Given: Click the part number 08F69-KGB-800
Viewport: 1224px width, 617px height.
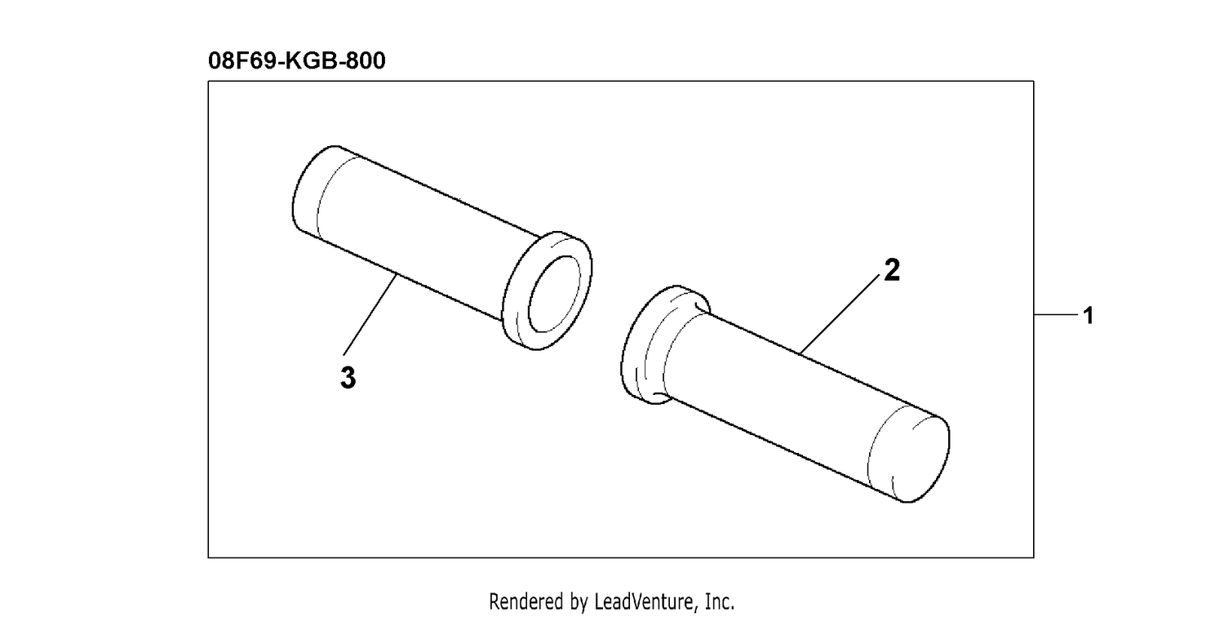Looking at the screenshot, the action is [x=297, y=60].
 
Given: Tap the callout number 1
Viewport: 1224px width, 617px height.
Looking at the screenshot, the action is [x=1088, y=316].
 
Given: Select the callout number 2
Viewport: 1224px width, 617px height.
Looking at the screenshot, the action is [x=891, y=270].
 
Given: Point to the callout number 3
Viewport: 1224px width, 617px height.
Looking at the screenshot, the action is [x=348, y=378].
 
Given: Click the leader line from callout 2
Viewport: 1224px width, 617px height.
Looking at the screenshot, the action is [x=840, y=313].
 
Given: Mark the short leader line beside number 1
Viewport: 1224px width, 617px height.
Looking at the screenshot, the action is [x=1056, y=315].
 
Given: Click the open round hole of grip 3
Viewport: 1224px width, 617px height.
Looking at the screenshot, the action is [x=555, y=294].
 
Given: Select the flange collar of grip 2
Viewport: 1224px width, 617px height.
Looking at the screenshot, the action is [x=664, y=344].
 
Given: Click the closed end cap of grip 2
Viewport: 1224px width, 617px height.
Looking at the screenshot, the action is [x=911, y=458].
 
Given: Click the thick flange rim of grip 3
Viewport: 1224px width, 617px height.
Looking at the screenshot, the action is [x=547, y=291].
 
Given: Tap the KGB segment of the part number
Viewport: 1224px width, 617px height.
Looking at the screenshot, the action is [x=309, y=60].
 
